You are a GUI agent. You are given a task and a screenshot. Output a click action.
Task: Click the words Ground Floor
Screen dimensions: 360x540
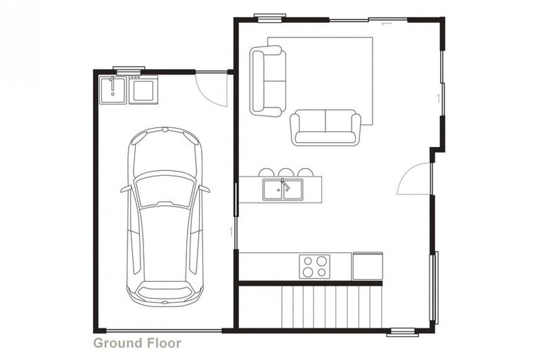tap(137, 343)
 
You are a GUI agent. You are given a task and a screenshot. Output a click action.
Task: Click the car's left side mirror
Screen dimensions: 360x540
tap(125, 189)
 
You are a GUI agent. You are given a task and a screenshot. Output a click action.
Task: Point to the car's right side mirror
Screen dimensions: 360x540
tap(205, 188)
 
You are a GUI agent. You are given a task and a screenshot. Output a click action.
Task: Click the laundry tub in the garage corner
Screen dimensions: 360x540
tap(112, 89)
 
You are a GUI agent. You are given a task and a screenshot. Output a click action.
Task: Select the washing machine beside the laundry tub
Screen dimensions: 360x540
tap(143, 89)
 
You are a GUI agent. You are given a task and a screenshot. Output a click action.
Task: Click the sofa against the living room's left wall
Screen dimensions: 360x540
tap(268, 80)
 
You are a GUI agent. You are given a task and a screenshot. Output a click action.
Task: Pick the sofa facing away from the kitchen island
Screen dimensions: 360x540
tap(326, 127)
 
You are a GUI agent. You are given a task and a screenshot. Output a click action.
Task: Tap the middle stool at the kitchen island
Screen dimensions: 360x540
tap(285, 172)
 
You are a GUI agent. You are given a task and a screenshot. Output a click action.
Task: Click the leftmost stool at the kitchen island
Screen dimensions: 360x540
tap(266, 172)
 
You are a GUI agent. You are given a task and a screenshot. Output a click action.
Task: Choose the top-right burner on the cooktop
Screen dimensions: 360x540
tap(321, 260)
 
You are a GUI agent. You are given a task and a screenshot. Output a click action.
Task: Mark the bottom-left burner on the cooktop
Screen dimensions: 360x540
tap(307, 272)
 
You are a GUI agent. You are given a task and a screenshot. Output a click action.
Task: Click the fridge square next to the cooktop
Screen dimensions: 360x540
tap(367, 266)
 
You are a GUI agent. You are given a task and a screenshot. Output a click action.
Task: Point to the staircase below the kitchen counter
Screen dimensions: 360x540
tap(330, 307)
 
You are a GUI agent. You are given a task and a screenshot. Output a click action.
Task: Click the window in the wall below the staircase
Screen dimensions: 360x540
tap(402, 332)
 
